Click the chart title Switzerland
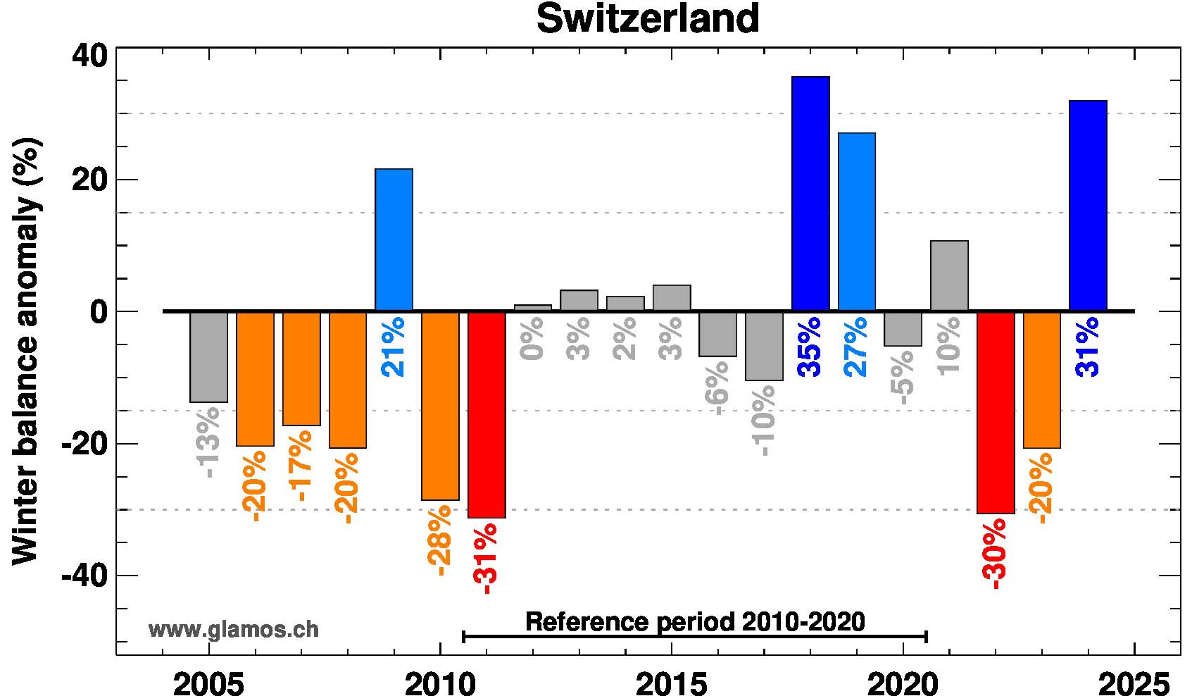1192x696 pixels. pyautogui.click(x=648, y=19)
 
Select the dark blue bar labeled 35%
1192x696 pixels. pyautogui.click(x=810, y=194)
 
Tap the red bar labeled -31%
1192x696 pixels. pyautogui.click(x=487, y=414)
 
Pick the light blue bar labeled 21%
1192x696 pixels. pyautogui.click(x=394, y=240)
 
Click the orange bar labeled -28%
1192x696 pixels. pyautogui.click(x=440, y=405)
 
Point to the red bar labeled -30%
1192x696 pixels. pyautogui.click(x=996, y=412)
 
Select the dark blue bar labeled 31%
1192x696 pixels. pyautogui.click(x=1088, y=206)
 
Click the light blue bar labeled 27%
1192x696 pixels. pyautogui.click(x=857, y=222)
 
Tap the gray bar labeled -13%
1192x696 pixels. pyautogui.click(x=208, y=356)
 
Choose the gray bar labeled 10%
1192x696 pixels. pyautogui.click(x=949, y=275)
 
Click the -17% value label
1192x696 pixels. pyautogui.click(x=301, y=465)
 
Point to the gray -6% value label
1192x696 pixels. pyautogui.click(x=717, y=388)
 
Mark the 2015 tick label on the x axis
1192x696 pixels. pyautogui.click(x=672, y=683)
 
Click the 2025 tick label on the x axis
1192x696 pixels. pyautogui.click(x=1134, y=683)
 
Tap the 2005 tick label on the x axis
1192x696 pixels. pyautogui.click(x=208, y=683)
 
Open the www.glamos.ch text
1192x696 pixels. pyautogui.click(x=233, y=629)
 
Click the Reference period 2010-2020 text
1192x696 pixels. pyautogui.click(x=695, y=622)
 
